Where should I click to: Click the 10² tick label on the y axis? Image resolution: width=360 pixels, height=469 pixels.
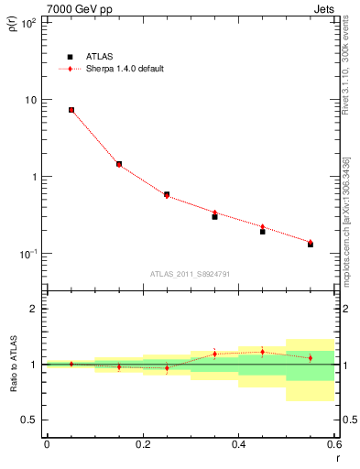click(27, 22)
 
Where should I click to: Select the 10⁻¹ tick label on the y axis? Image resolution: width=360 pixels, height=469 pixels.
click(27, 253)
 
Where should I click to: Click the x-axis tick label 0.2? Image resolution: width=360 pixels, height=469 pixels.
click(142, 444)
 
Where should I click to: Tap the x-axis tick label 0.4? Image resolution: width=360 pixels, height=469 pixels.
click(238, 444)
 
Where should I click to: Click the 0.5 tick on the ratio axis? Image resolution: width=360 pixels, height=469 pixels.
click(29, 420)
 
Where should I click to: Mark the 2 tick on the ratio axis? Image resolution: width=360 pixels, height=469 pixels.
click(33, 309)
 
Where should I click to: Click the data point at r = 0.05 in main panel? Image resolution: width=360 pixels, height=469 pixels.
click(71, 110)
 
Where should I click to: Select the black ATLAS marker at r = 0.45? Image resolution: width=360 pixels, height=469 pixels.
click(262, 232)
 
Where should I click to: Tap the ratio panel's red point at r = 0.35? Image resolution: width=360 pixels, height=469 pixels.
click(214, 354)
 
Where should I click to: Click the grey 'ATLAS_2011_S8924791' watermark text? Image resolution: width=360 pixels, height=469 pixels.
click(191, 273)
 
